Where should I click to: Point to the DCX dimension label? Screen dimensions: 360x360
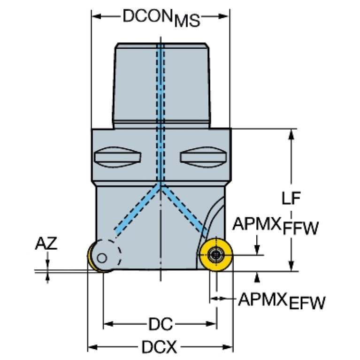click(160, 347)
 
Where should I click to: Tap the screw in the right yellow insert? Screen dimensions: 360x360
click(216, 255)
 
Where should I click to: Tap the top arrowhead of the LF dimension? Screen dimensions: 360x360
click(291, 133)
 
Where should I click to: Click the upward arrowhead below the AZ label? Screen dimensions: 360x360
click(47, 277)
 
